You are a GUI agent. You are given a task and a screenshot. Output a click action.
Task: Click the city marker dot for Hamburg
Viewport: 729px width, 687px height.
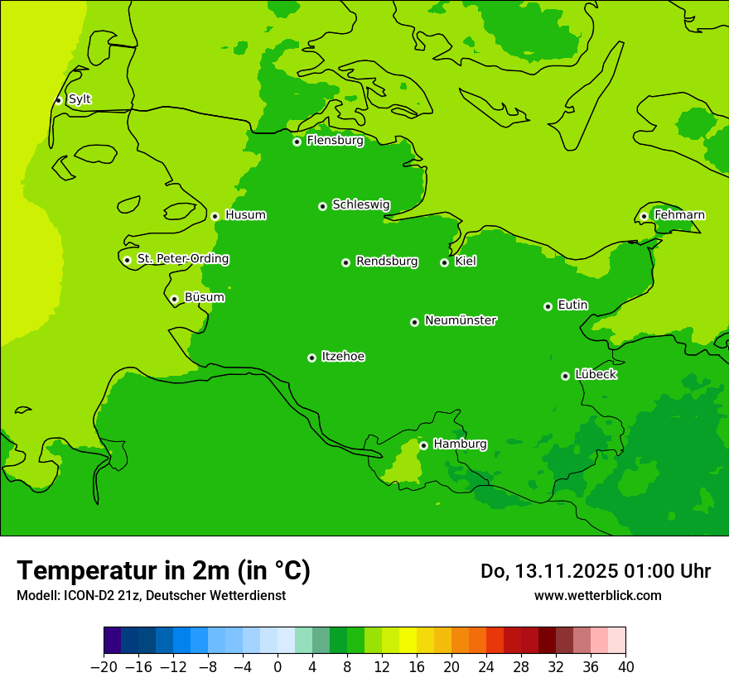pos(423,445)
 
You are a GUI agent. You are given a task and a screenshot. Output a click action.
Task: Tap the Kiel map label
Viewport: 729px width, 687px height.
pos(466,262)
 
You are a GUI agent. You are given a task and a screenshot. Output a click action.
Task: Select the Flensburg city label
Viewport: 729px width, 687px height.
pos(335,141)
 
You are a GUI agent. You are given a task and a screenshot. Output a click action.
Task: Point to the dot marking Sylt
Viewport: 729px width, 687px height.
pos(58,100)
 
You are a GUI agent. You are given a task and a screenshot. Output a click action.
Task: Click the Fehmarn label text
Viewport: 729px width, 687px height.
pos(679,215)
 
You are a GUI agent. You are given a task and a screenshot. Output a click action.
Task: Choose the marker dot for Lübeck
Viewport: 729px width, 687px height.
pos(565,376)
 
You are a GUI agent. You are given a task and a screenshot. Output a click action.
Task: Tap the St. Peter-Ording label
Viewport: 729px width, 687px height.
pos(182,259)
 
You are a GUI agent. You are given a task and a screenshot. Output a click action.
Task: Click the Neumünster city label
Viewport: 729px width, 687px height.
pos(461,320)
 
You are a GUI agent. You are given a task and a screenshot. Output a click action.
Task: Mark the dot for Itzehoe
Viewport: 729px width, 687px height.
pos(311,358)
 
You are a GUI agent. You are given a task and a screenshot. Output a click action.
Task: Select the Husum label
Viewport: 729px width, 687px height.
pos(245,215)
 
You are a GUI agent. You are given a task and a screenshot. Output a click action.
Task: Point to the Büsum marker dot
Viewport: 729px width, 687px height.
pos(174,299)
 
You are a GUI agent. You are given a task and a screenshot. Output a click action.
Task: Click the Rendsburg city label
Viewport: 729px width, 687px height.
pos(387,262)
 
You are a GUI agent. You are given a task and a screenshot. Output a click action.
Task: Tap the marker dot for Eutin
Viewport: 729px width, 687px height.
pos(548,306)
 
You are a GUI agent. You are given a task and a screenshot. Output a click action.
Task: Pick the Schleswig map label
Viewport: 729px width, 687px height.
pos(360,204)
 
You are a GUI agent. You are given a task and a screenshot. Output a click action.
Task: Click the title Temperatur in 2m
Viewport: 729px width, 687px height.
pos(163,570)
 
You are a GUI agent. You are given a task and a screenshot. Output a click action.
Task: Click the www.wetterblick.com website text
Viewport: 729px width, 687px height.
pos(597,595)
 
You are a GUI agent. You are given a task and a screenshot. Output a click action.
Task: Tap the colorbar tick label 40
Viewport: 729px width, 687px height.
pos(625,667)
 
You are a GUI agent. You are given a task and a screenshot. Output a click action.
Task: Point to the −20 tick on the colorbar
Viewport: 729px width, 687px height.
pos(104,667)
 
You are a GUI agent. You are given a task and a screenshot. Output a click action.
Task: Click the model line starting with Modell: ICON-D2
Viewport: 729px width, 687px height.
pos(151,595)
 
